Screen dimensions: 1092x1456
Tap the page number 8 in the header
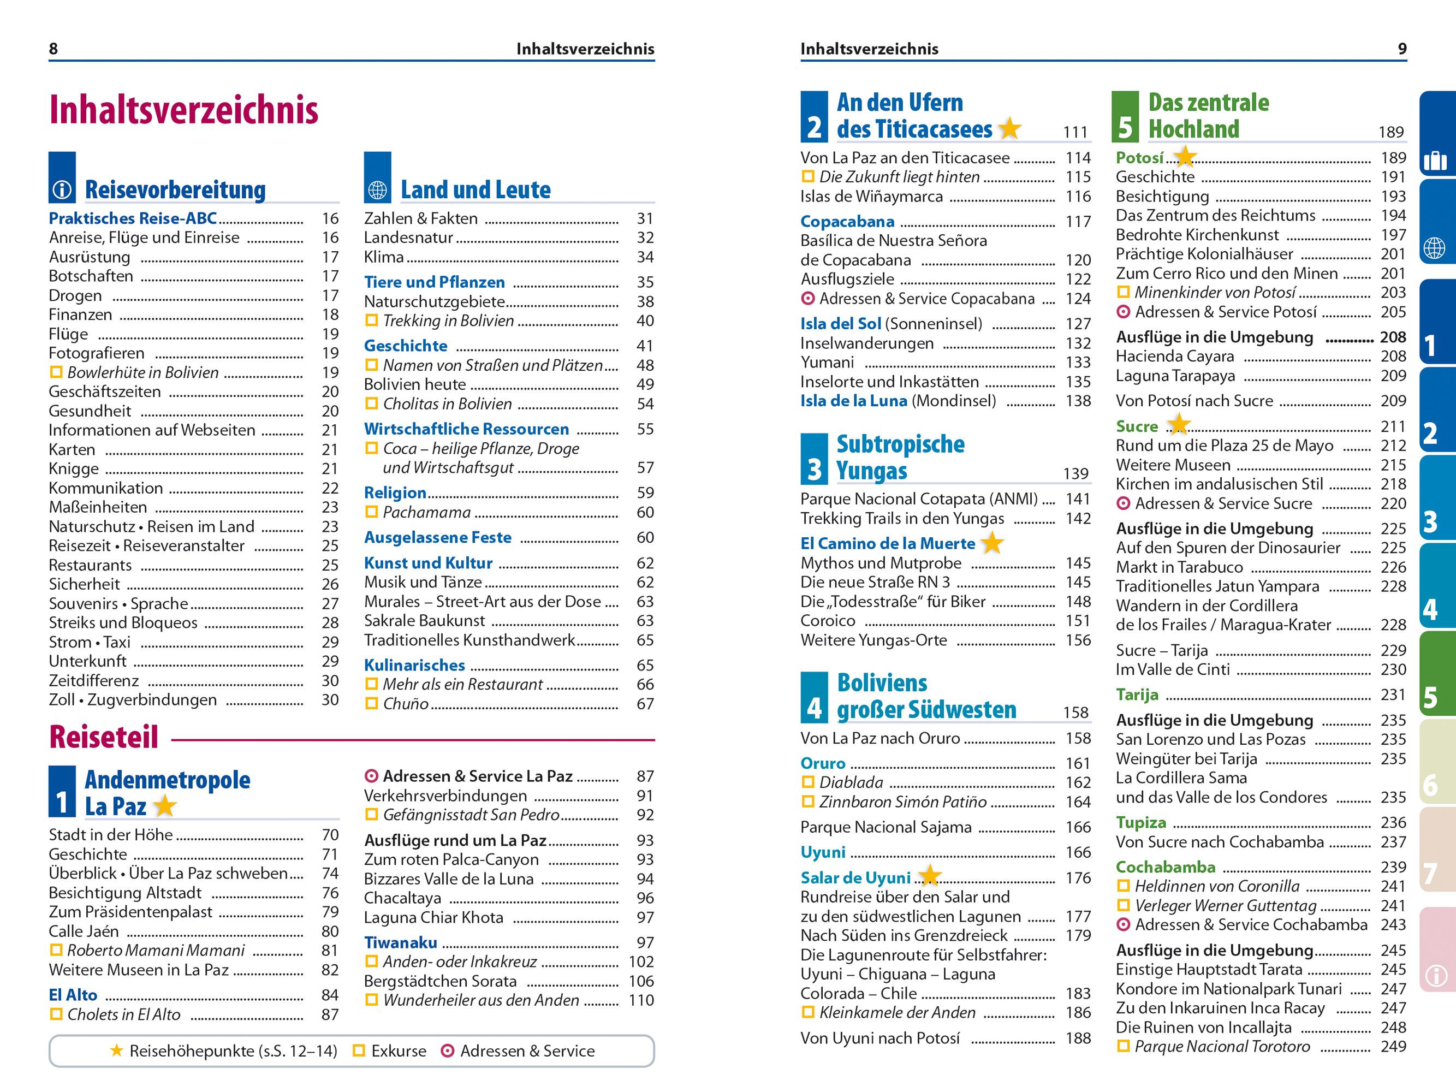(x=54, y=49)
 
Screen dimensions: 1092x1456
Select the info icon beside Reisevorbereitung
(x=62, y=190)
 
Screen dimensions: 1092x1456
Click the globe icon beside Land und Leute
(x=377, y=190)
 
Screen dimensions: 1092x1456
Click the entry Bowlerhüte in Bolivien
(x=143, y=372)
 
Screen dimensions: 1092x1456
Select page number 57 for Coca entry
(x=645, y=468)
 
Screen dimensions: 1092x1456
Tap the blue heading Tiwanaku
(x=401, y=942)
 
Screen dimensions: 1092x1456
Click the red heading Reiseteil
(x=104, y=737)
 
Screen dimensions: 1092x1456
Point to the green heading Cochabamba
(x=1165, y=867)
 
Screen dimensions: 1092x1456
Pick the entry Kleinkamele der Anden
(x=897, y=1012)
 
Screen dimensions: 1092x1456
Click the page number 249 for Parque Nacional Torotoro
(x=1393, y=1047)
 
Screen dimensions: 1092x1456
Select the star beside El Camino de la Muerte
(x=992, y=543)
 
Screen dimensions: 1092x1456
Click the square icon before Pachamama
(x=372, y=512)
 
